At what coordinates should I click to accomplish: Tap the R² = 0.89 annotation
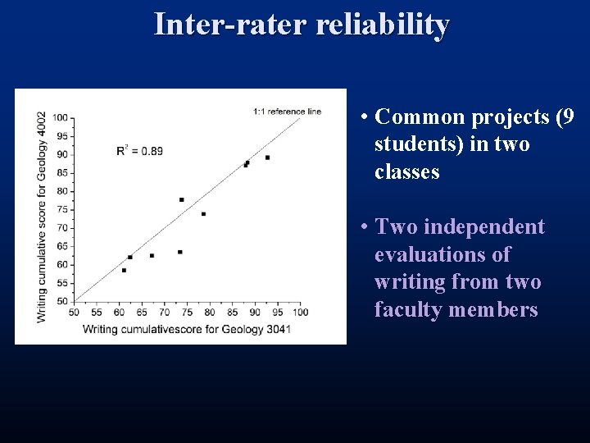139,150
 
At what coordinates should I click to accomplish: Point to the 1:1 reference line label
287,112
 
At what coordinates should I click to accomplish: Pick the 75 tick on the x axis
187,313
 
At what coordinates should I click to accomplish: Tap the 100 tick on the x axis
300,313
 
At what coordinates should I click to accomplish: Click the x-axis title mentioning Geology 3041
186,329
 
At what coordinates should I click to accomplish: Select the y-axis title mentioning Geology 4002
42,216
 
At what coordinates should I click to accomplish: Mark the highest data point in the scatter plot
267,158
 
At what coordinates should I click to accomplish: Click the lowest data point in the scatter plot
124,270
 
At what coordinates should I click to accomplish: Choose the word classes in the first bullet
406,172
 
